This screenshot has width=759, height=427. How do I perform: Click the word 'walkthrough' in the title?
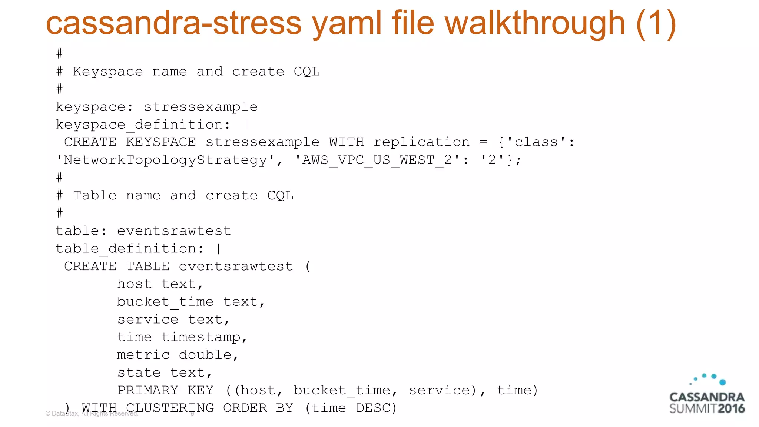pos(535,23)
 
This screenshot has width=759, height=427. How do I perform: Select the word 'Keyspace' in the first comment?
pos(108,72)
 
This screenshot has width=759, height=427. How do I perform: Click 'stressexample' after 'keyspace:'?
pos(200,107)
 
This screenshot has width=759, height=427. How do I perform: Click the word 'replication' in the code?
pos(421,142)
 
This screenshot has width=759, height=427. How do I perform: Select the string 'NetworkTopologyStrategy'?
pos(165,160)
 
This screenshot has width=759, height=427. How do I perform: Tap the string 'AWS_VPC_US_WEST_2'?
pos(377,160)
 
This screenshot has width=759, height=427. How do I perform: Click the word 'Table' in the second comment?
pos(95,195)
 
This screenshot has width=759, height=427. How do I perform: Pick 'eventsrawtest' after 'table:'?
pos(174,231)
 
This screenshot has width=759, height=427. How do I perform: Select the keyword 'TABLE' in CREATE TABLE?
pos(148,267)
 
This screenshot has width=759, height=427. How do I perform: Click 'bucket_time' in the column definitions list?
pos(165,302)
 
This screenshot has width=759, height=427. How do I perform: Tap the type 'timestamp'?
pos(201,337)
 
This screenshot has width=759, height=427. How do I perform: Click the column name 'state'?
pos(139,373)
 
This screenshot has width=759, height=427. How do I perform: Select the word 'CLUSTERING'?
pos(170,408)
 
